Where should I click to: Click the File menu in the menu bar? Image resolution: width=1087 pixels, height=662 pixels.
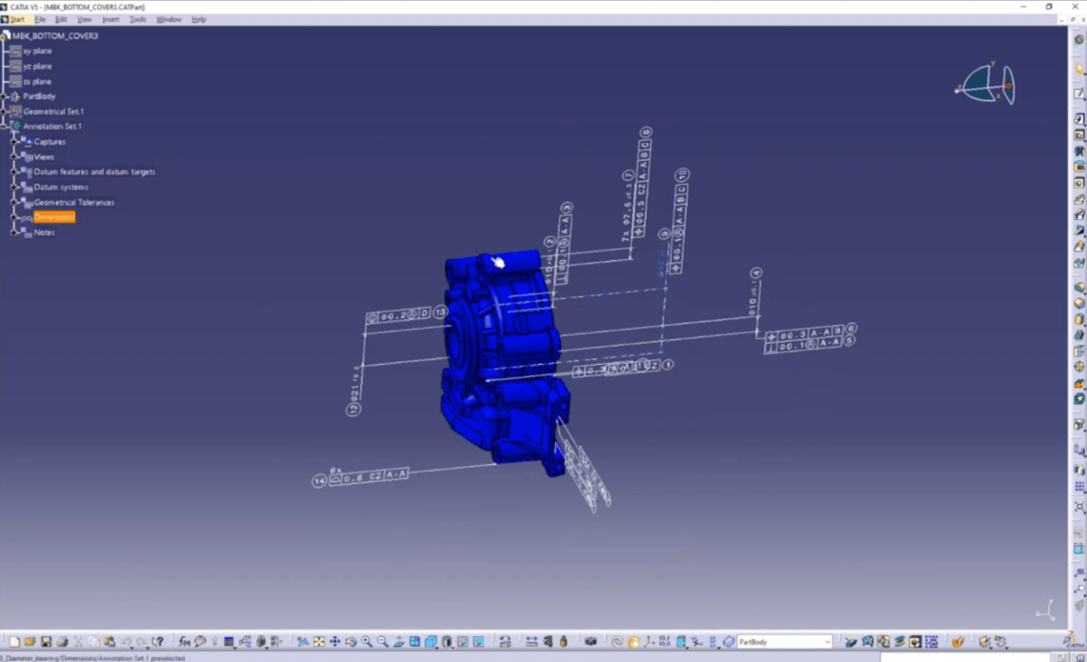(40, 19)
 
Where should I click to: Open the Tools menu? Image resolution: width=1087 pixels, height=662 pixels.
(138, 19)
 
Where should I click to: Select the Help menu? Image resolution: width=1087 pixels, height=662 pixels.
(199, 19)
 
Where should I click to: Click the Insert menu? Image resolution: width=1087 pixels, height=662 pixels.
(111, 19)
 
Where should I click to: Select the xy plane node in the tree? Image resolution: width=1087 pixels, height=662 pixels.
(37, 51)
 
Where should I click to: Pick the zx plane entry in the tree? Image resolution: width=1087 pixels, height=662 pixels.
(37, 82)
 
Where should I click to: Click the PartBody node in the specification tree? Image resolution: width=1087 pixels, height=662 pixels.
(39, 97)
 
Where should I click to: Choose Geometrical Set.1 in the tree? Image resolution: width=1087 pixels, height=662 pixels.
(53, 111)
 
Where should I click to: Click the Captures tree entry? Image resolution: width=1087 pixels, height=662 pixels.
(49, 142)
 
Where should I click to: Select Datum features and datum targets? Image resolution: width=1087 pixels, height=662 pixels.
(94, 172)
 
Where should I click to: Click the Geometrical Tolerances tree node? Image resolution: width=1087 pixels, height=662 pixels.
(74, 202)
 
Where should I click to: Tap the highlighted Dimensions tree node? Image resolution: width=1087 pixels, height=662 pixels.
(54, 217)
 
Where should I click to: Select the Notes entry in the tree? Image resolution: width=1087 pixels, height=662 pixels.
(44, 232)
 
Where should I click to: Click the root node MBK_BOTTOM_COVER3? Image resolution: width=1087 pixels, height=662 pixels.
(54, 35)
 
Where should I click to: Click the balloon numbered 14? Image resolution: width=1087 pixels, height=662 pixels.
(320, 481)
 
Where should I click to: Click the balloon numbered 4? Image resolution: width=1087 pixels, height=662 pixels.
(756, 273)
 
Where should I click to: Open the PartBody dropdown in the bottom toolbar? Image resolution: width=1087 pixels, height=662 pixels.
(827, 642)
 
